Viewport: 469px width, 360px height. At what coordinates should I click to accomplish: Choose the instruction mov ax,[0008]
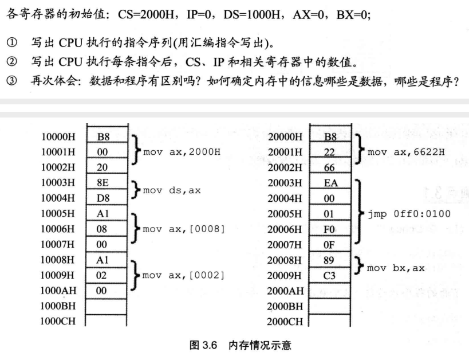(183, 229)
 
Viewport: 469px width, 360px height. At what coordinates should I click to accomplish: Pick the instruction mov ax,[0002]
(183, 275)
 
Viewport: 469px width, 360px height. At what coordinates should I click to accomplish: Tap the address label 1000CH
(57, 320)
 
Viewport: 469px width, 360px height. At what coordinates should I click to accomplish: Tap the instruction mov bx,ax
(396, 268)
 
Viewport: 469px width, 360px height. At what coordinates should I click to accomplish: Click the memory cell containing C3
(330, 275)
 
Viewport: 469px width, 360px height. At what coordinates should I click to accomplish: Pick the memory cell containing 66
(330, 168)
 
